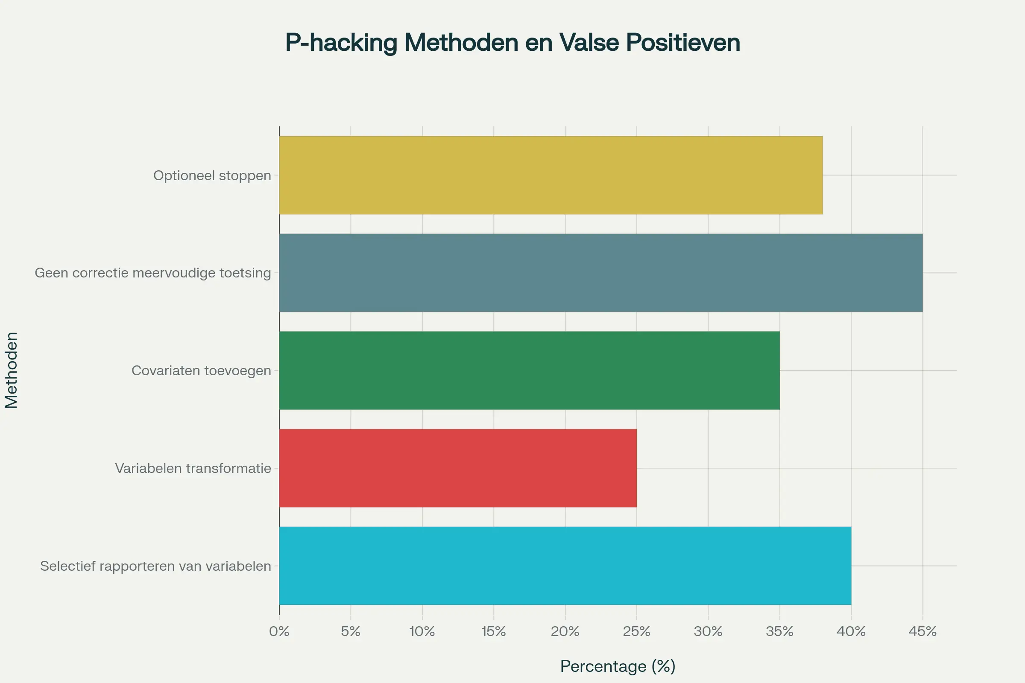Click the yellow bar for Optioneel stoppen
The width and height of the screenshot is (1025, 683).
[x=551, y=175]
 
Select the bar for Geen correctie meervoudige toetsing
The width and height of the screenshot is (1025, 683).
[x=600, y=273]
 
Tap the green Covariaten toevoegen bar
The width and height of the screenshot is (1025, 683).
[x=529, y=370]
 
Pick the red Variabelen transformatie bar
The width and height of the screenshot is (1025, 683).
[x=457, y=468]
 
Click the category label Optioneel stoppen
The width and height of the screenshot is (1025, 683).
[x=212, y=175]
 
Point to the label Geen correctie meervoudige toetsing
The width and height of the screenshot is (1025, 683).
[x=153, y=273]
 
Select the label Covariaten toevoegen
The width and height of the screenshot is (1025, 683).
[x=201, y=371]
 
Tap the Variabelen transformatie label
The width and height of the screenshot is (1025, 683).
[x=193, y=468]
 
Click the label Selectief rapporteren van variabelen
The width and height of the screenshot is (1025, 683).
[x=155, y=566]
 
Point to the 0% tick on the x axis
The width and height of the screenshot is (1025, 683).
[x=279, y=631]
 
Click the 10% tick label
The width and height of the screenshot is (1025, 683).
[x=422, y=631]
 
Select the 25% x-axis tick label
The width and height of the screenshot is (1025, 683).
[x=636, y=631]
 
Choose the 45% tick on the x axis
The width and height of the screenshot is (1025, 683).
[x=922, y=631]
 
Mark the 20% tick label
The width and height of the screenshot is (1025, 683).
[x=565, y=631]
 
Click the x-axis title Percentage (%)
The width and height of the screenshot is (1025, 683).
[x=618, y=666]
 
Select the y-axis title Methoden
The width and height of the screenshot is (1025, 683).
[x=12, y=370]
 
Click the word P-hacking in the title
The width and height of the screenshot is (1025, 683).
[x=341, y=43]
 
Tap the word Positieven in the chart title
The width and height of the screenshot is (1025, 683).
[x=683, y=43]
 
